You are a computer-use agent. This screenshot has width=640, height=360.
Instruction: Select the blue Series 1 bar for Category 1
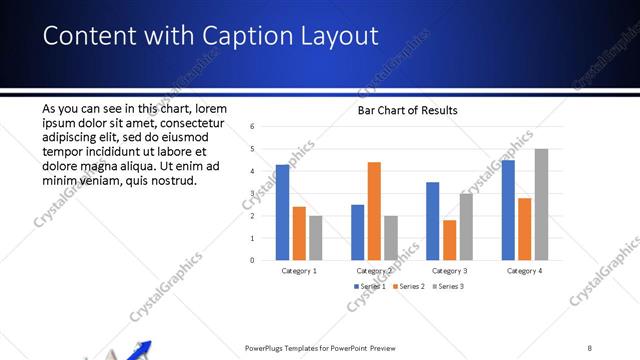(282, 212)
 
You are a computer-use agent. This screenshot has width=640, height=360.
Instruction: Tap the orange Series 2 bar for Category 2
(374, 211)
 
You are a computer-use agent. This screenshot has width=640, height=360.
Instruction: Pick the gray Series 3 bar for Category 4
(541, 205)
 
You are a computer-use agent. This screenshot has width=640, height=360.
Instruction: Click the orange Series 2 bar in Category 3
(449, 240)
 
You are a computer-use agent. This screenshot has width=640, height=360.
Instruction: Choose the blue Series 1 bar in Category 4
(507, 210)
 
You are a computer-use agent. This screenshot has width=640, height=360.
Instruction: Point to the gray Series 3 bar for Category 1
(316, 238)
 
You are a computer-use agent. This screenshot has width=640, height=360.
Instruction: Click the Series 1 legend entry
(369, 286)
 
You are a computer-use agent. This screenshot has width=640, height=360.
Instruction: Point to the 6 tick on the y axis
(253, 127)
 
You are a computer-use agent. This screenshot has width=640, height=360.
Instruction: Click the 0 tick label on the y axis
(253, 260)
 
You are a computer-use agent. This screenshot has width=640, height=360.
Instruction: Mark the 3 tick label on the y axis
(253, 194)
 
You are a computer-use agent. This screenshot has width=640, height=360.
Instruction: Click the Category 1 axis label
(299, 271)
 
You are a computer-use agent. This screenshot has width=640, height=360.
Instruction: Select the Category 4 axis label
(524, 271)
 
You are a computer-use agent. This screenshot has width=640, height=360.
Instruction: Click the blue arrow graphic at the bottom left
(140, 350)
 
